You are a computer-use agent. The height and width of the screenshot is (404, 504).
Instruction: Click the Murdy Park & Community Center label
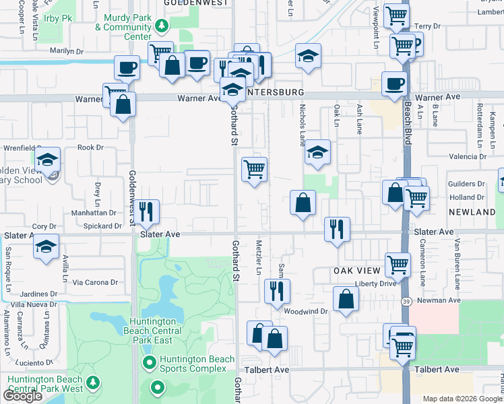click(123, 27)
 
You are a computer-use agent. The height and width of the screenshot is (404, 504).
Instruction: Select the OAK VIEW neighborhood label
click(356, 270)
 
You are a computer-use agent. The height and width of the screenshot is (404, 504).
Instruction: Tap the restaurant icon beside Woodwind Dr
click(276, 292)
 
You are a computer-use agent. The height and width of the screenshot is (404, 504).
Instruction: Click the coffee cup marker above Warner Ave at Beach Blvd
click(394, 84)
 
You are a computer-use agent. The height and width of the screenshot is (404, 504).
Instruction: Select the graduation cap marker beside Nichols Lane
click(316, 153)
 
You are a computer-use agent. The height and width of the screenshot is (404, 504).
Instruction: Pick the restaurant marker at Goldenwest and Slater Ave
click(146, 212)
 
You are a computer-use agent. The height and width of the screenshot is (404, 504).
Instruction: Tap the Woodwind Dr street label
click(305, 312)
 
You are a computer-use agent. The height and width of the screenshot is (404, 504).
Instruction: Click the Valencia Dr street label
click(467, 157)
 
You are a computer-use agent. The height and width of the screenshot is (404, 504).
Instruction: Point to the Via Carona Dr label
click(95, 283)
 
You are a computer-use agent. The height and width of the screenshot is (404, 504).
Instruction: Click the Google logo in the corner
click(23, 396)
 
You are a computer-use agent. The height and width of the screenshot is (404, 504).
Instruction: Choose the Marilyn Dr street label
click(66, 51)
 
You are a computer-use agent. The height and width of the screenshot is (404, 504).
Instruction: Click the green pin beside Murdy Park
click(161, 27)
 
